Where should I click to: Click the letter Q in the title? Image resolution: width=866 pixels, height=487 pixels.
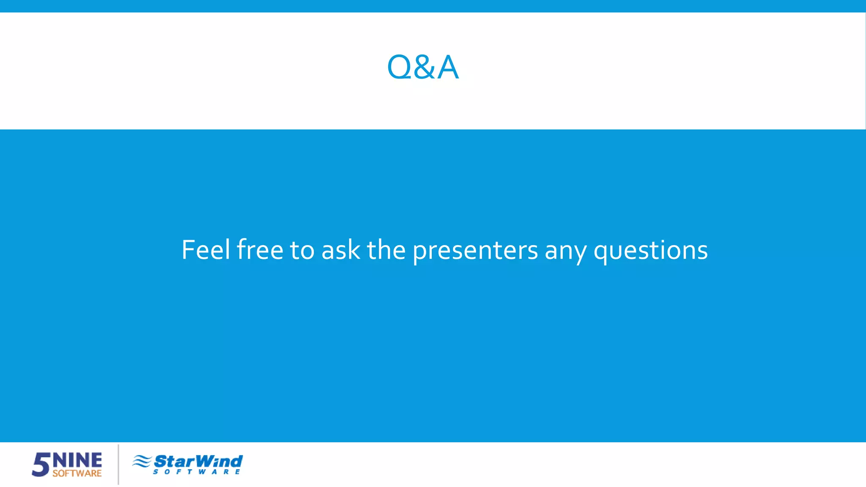399,68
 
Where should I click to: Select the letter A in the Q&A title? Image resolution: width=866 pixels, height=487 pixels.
448,68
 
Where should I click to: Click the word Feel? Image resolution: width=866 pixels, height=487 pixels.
206,250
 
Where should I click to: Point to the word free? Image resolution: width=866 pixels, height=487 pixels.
260,250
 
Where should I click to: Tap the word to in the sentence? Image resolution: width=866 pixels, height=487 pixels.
302,250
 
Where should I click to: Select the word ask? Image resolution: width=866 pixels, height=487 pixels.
341,250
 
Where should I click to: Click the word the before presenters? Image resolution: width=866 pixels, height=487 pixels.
386,250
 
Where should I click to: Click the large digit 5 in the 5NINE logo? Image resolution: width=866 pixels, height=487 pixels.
41,465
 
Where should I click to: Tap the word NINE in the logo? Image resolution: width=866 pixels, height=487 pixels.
77,460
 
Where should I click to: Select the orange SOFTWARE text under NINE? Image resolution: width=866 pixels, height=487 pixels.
77,473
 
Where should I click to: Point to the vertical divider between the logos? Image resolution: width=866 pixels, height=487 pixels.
118,464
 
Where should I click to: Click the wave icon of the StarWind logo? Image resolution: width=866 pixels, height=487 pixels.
142,461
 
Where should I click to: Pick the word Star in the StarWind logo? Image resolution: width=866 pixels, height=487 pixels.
174,461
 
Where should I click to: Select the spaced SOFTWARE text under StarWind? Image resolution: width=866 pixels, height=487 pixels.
197,472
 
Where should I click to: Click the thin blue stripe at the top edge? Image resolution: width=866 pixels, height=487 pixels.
433,6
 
